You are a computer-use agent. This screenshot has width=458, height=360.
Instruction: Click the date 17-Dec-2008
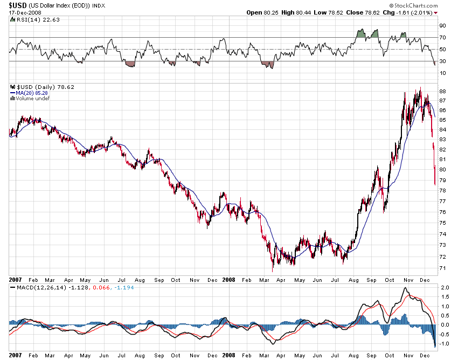pyautogui.click(x=22, y=12)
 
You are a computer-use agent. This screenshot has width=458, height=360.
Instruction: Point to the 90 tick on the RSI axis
pyautogui.click(x=442, y=25)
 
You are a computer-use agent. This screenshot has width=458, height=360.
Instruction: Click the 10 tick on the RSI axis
pyautogui.click(x=442, y=73)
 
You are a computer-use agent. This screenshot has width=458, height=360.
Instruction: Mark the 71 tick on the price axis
pyautogui.click(x=442, y=268)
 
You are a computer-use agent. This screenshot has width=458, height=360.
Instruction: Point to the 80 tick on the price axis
pyautogui.click(x=442, y=169)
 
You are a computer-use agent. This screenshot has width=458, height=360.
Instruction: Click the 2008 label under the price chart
pyautogui.click(x=228, y=280)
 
